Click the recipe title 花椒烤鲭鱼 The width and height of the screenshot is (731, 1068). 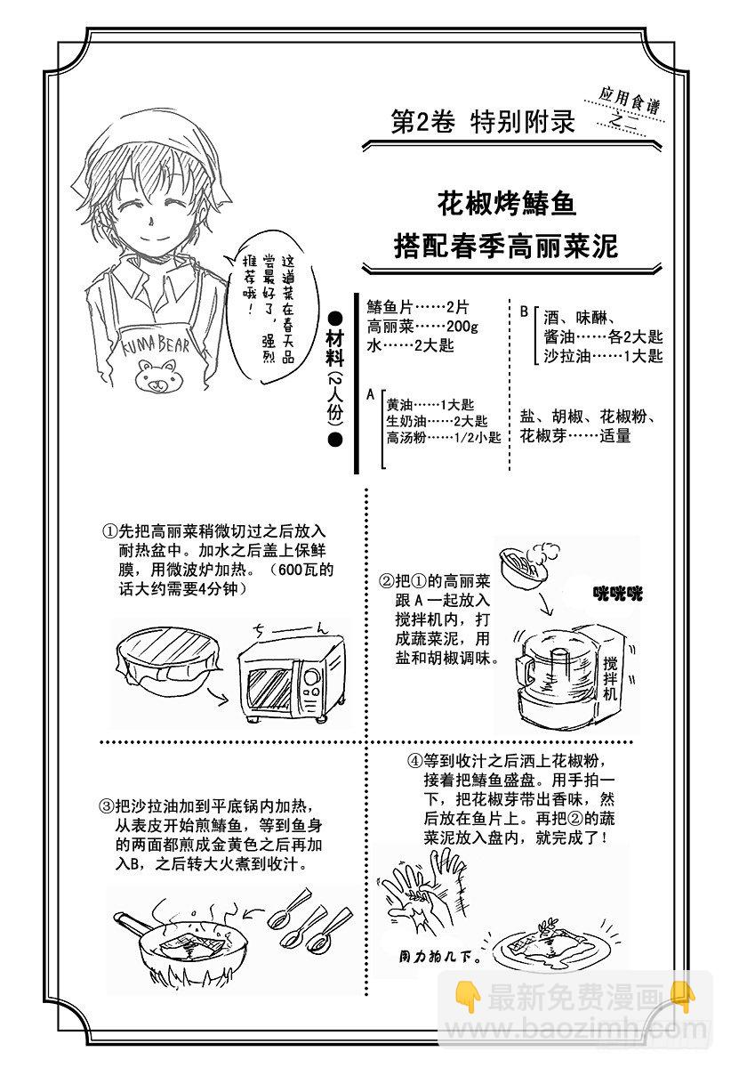(x=507, y=204)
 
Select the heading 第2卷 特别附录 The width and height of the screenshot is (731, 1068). (x=482, y=121)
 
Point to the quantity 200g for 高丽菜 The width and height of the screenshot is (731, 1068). (x=462, y=327)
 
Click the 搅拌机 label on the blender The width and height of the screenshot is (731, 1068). (x=610, y=678)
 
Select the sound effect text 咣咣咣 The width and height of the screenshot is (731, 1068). (x=617, y=594)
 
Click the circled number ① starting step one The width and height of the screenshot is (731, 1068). (x=110, y=531)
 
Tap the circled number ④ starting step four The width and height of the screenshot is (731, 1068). (x=415, y=760)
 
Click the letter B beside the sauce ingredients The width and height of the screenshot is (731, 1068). (x=524, y=311)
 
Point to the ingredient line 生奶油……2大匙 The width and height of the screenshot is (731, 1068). (x=437, y=421)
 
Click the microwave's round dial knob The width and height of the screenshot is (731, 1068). (x=312, y=677)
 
